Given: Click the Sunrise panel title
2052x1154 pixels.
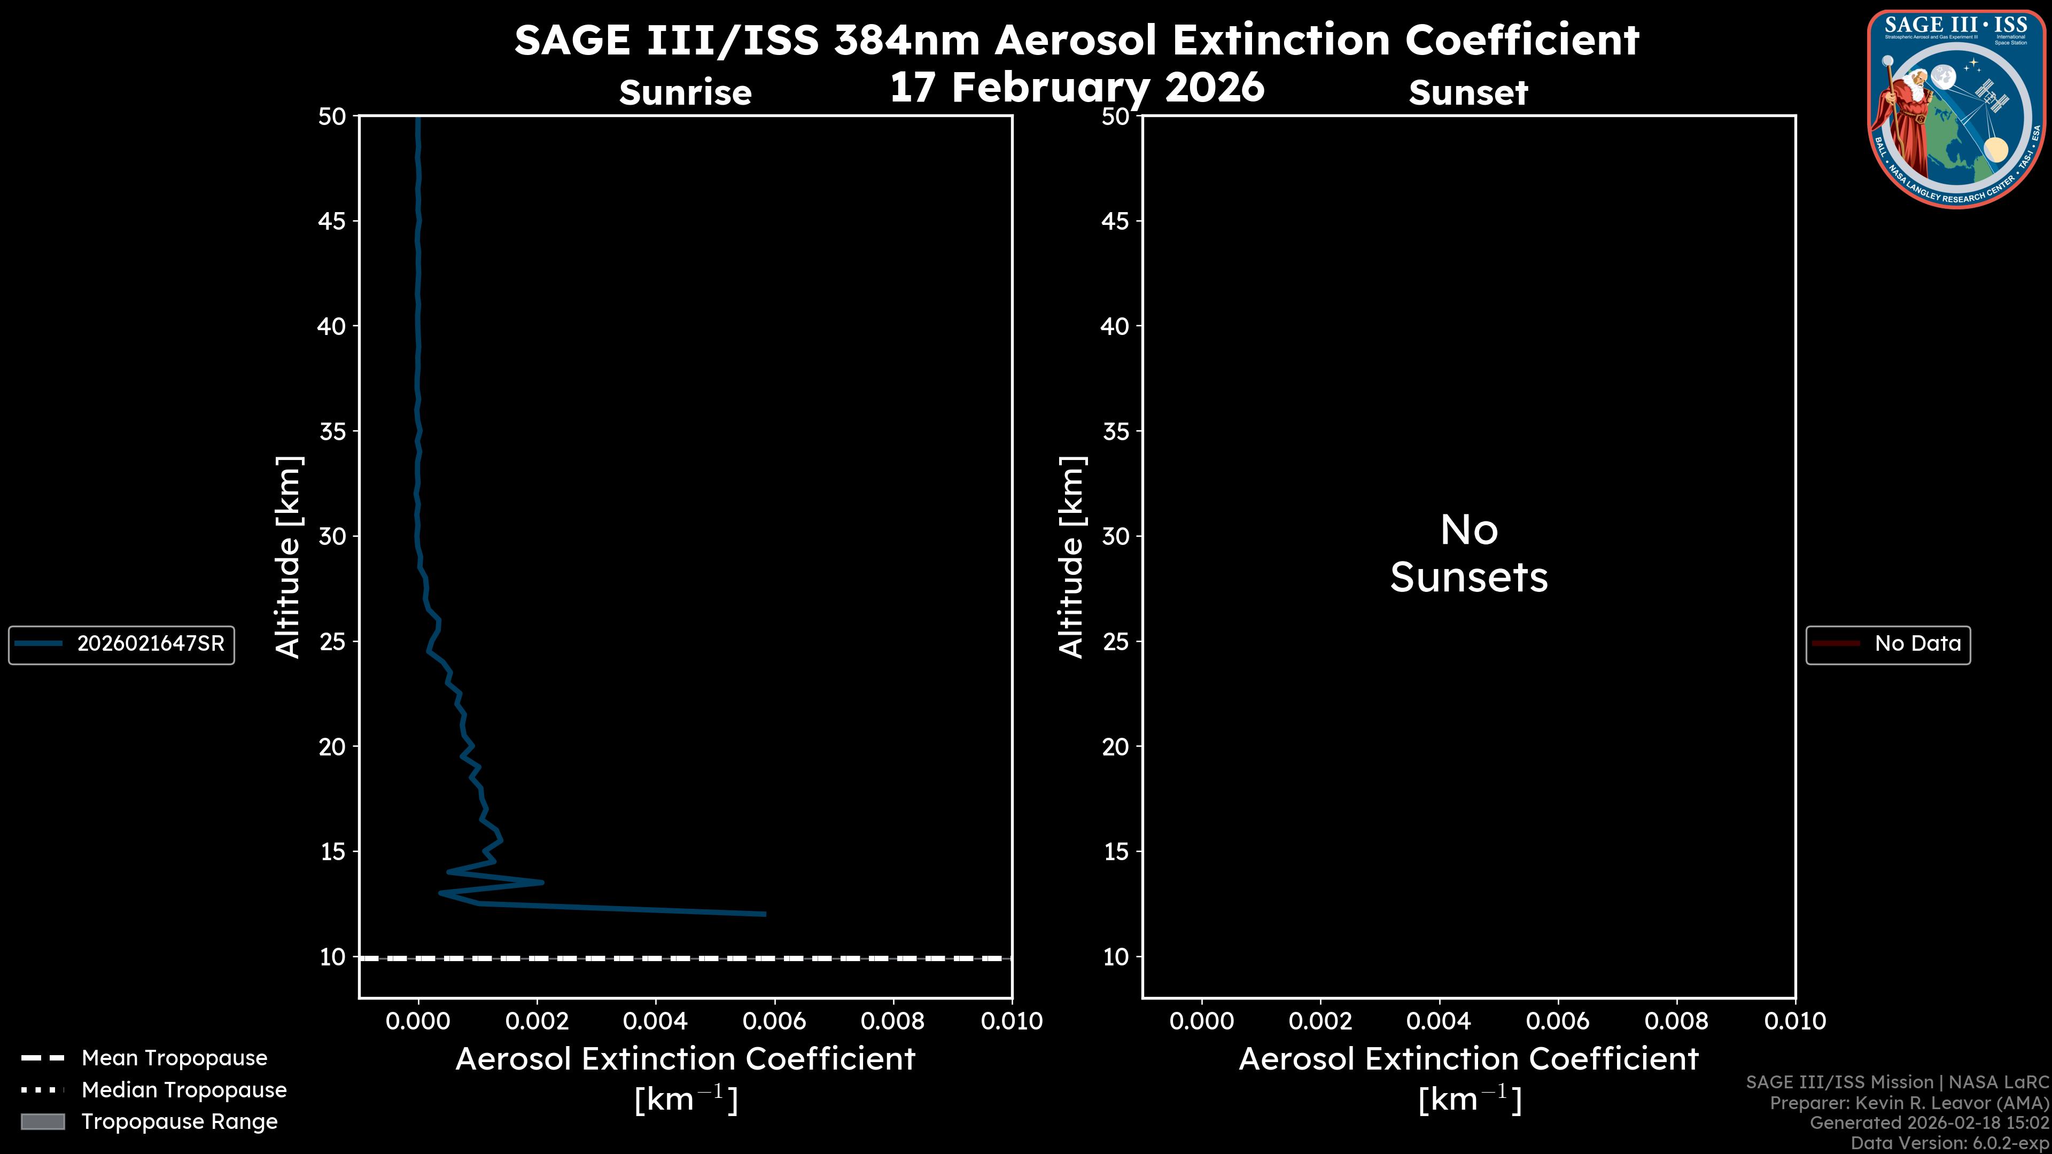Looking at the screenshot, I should (685, 93).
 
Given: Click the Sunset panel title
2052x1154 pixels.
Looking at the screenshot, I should (1468, 93).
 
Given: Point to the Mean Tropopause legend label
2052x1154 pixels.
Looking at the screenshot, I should (174, 1058).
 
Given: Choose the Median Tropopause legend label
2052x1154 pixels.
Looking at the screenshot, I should (184, 1089).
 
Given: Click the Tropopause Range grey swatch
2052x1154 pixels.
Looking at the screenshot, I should (43, 1121).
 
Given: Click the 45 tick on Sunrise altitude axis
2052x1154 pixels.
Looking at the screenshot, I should (331, 221).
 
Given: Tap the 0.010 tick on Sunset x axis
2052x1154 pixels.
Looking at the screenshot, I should (1795, 1021).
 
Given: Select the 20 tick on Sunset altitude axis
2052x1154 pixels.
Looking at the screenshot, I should (1115, 747).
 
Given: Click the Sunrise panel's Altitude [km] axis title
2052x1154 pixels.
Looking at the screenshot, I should (287, 557).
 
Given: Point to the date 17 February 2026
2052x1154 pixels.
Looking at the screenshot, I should (1076, 88).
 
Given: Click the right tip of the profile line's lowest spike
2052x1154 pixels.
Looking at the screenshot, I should (764, 914).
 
